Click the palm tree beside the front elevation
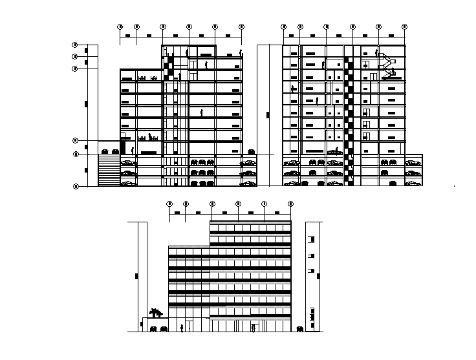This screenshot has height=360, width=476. click(x=155, y=313)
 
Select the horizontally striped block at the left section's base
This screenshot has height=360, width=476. click(x=108, y=171)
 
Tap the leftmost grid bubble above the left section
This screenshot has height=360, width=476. click(x=120, y=26)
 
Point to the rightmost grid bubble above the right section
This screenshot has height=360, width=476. click(x=405, y=26)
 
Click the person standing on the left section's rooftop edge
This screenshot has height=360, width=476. click(x=241, y=52)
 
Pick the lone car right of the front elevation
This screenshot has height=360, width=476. click(x=301, y=330)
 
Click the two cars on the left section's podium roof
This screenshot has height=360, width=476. click(x=110, y=151)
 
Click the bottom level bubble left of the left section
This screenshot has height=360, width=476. click(x=75, y=186)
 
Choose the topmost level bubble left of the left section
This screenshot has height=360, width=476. click(x=75, y=45)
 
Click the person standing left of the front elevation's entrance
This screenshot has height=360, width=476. click(x=182, y=328)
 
